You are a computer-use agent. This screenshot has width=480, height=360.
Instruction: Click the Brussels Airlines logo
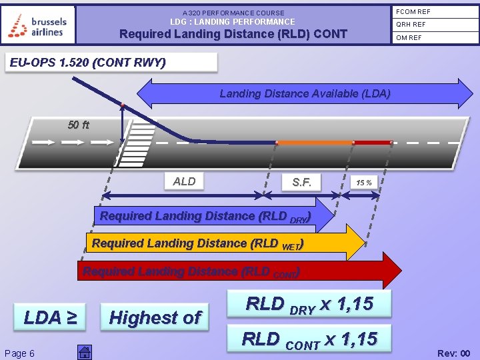(x=38, y=25)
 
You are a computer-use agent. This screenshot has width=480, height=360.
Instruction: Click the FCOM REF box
(x=434, y=12)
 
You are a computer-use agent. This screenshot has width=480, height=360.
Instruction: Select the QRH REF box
(x=434, y=25)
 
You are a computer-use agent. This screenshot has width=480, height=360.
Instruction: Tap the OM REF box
(x=434, y=37)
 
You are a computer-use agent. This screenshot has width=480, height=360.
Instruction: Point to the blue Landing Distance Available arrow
(x=305, y=93)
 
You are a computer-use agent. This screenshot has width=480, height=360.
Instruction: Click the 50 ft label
(x=79, y=125)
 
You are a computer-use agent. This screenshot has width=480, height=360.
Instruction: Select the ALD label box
(x=184, y=181)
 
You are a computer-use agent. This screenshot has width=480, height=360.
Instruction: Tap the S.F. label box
(x=301, y=182)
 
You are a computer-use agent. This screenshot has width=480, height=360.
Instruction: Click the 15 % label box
(x=364, y=182)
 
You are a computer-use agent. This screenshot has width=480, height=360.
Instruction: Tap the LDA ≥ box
(x=50, y=317)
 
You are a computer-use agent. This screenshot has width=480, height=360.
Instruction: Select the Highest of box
(x=155, y=317)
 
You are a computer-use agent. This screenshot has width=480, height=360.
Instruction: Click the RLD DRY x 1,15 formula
(x=309, y=305)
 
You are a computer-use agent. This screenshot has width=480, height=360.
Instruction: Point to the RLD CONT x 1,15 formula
(x=309, y=339)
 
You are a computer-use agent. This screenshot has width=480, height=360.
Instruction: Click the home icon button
(x=84, y=353)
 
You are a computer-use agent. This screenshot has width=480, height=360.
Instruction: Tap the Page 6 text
(x=19, y=353)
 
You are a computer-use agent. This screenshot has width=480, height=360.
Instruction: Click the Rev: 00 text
(x=453, y=353)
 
